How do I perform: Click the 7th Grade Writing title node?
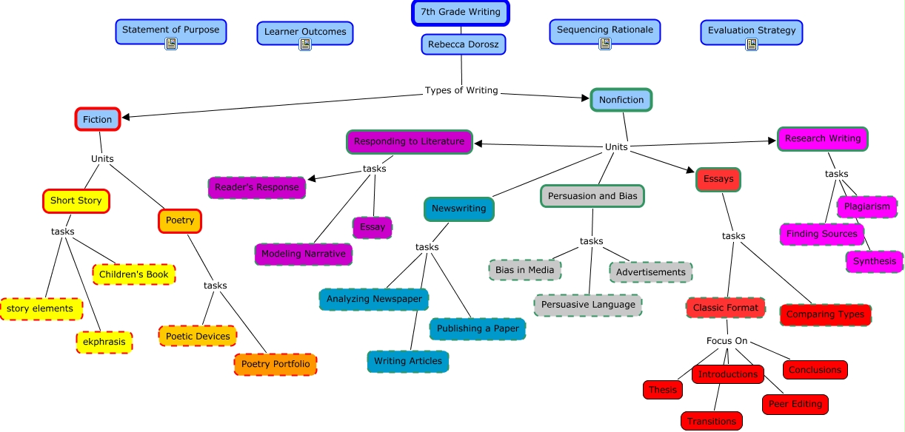point(460,13)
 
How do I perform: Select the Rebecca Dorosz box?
point(464,44)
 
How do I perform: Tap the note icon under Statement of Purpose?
point(171,44)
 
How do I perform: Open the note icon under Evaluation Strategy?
point(752,44)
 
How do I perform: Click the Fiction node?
point(97,119)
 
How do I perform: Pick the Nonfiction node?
point(621,100)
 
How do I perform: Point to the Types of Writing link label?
point(461,90)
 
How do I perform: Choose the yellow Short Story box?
point(76,201)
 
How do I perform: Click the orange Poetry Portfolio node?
point(275,364)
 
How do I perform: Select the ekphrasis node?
point(104,342)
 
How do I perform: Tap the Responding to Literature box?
point(410,141)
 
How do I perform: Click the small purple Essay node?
point(372,227)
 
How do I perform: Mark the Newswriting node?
point(459,209)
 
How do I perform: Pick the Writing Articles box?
point(408,362)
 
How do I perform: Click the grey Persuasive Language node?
point(588,305)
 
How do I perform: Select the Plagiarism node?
point(867,207)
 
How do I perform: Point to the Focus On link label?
point(727,341)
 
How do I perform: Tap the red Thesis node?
point(663,390)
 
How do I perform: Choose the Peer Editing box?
point(795,404)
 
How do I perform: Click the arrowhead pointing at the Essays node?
point(690,171)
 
